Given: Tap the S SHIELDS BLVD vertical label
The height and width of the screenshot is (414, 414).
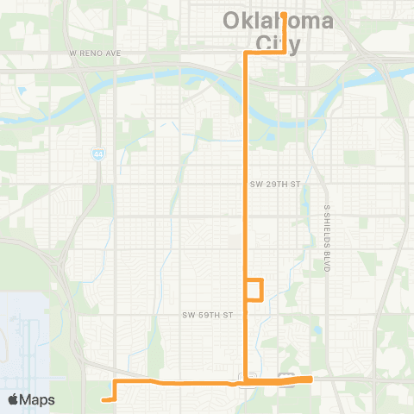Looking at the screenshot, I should pos(327,239).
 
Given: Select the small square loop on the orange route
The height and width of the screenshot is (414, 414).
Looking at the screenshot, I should pos(254,290).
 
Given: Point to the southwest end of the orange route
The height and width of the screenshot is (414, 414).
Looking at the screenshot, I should pos(103,399).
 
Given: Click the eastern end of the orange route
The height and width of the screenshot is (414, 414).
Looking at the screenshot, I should pos(310,379).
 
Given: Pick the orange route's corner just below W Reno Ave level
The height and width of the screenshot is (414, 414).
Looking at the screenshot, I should pos(248,53).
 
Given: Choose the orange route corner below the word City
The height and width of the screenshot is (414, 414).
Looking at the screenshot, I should pos(284,53).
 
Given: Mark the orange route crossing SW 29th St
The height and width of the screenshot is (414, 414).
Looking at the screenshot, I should pos(248,185).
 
